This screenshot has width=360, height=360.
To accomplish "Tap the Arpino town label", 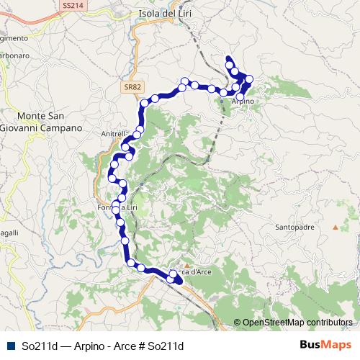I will click(243, 102).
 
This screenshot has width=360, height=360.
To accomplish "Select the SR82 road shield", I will click(129, 86).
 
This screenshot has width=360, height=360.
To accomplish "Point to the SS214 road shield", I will click(72, 5).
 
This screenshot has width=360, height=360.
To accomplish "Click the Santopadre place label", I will click(294, 228).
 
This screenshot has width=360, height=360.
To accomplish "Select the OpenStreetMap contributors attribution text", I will click(297, 323).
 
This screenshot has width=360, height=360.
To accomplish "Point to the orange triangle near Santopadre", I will click(335, 228).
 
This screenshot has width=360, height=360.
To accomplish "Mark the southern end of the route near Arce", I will click(179, 280).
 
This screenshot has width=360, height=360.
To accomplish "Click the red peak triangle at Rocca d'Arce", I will click(186, 264).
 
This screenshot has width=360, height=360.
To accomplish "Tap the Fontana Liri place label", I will click(117, 208).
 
